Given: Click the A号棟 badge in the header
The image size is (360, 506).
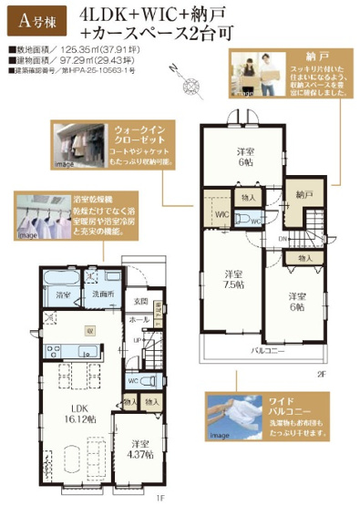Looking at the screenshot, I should pos(36,16).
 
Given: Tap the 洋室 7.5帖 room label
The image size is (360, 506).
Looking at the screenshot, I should pos(234,278).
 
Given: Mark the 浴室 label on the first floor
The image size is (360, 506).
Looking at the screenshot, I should pos(63,295).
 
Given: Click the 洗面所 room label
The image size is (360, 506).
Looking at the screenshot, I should pos(102,295).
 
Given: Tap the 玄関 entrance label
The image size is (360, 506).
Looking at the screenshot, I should pos(141,302).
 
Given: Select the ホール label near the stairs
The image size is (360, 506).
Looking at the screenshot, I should pos(139,320).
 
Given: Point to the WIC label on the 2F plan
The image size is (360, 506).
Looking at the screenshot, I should pos(220,214).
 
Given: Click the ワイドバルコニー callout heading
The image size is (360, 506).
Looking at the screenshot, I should pos(280,402).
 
